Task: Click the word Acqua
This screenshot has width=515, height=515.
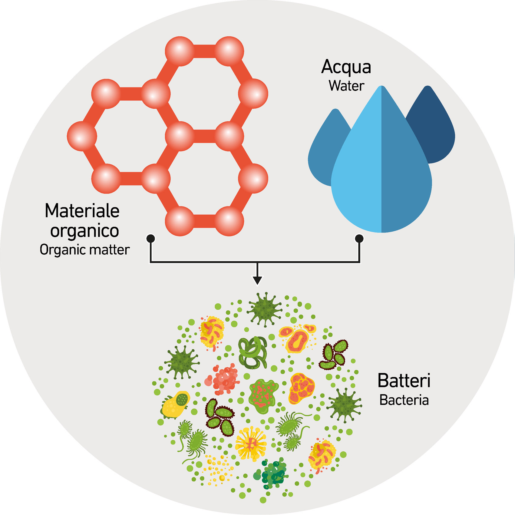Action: click(346, 67)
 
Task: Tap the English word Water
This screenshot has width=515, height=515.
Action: click(346, 86)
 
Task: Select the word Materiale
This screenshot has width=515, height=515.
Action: click(82, 211)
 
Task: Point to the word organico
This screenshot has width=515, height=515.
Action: click(84, 231)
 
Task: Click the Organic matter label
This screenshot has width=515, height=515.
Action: click(84, 250)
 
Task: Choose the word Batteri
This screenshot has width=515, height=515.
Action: click(404, 381)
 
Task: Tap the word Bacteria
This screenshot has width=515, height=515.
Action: click(404, 400)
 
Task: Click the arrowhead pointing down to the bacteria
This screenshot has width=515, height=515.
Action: click(257, 280)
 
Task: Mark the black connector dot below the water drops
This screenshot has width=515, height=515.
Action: click(359, 239)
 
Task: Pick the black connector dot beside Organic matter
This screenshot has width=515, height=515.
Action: click(150, 239)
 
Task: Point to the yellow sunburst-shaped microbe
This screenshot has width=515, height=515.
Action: click(251, 444)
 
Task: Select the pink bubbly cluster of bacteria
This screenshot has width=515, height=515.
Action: click(223, 380)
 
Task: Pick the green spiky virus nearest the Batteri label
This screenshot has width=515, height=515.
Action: click(345, 405)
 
